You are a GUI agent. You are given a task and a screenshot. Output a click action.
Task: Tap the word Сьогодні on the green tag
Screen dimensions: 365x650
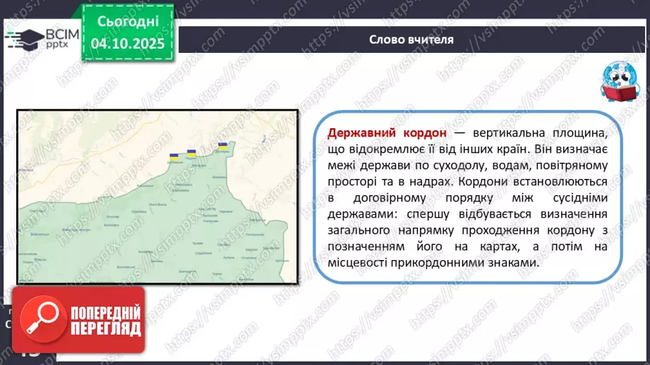tap(128, 21)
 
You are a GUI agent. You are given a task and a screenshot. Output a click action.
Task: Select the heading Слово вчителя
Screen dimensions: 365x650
tap(411, 39)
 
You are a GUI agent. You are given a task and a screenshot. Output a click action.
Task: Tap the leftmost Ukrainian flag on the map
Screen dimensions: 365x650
tap(173, 158)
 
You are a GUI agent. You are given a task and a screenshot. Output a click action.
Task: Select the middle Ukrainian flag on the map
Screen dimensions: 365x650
tap(191, 151)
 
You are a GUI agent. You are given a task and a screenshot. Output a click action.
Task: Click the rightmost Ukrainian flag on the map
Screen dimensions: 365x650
tap(222, 146)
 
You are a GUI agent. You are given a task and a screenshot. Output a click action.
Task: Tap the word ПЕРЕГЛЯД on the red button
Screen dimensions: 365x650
tap(106, 328)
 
